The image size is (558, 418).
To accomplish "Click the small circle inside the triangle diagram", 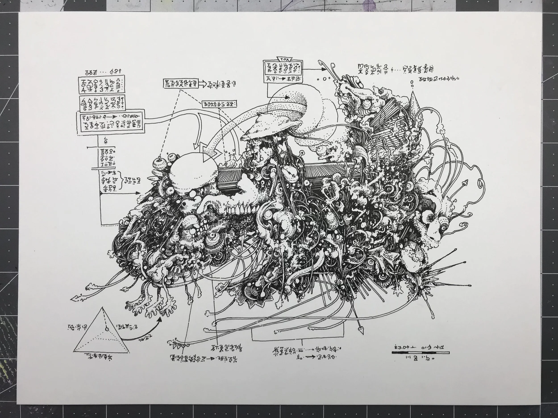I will pyautogui.click(x=107, y=329).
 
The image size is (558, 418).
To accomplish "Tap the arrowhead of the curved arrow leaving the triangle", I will pyautogui.click(x=160, y=319).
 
